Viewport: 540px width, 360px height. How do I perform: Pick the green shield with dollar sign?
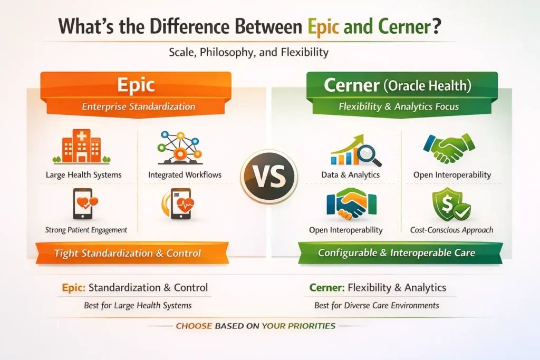point(449,205)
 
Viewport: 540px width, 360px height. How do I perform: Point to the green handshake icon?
point(449,149)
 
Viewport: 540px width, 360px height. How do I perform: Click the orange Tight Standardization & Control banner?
point(128,254)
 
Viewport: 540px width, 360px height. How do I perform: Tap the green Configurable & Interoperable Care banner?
point(397,253)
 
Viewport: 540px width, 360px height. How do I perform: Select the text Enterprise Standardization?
point(138,106)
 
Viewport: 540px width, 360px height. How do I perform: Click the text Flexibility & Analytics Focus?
point(400,106)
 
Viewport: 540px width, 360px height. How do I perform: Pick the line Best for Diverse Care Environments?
point(376,305)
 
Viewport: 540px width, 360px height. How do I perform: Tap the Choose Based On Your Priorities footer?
point(255,326)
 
